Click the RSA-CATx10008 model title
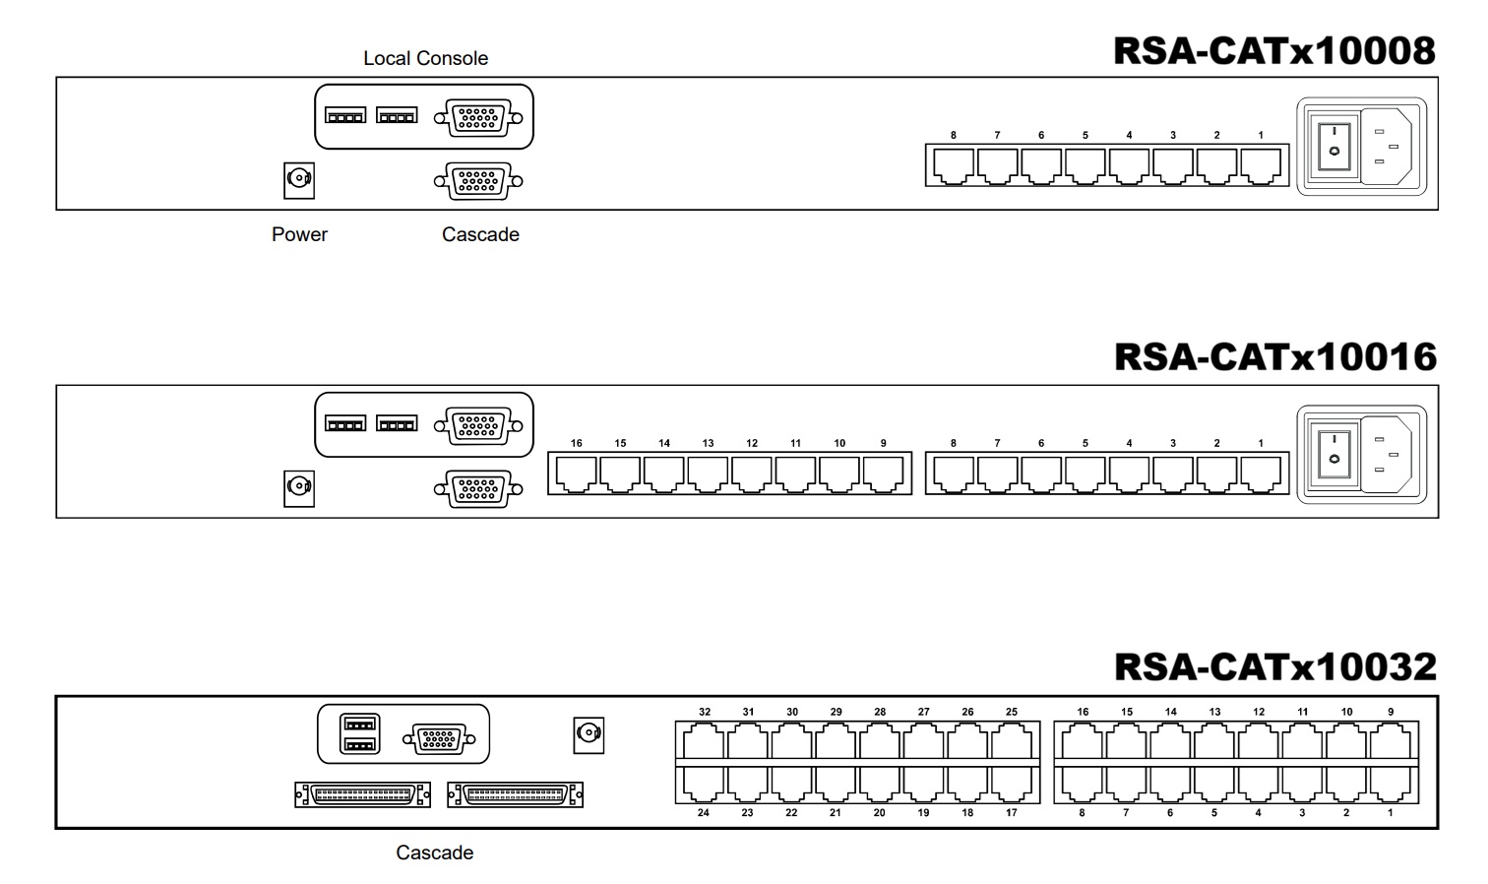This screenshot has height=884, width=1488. pos(1274,50)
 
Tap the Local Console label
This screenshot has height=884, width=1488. pos(426,58)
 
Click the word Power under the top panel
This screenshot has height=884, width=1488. pos(299,234)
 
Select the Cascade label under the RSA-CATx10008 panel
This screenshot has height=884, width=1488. pos(480,234)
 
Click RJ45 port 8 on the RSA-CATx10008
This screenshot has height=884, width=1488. pos(954,165)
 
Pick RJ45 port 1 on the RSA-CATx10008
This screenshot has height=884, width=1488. pos(1261,165)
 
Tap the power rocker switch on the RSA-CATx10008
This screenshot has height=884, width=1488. pos(1333,147)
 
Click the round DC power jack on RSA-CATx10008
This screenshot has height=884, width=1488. pos(299,180)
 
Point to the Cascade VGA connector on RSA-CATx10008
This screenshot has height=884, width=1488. pos(478,181)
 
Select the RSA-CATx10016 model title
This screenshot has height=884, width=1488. pos(1275,357)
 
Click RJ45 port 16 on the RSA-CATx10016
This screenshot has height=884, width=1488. pos(576,474)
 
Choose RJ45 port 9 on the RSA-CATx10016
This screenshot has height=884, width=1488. pos(884,474)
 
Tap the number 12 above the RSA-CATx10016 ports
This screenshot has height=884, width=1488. pos(752,443)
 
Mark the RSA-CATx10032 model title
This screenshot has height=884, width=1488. pos(1275,666)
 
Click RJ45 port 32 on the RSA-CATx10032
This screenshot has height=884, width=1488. pos(704,741)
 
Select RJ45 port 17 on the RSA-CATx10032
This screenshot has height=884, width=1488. pos(1012,785)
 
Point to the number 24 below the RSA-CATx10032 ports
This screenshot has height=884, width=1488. pos(704,813)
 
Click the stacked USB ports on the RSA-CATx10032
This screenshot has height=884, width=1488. pos(360,733)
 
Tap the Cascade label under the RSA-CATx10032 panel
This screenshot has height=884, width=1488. pos(434,852)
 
